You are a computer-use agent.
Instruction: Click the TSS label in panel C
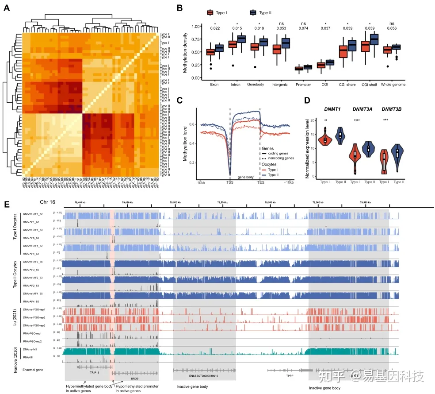click(x=230, y=182)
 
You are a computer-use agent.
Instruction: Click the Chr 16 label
click(x=48, y=202)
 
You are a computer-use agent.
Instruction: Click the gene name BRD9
click(x=133, y=379)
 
